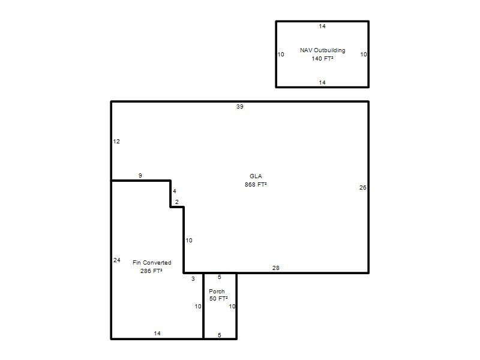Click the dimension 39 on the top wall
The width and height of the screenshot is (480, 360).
pos(239,107)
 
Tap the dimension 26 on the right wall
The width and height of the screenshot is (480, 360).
pos(363,188)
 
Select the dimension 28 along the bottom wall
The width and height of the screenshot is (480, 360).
pos(276,268)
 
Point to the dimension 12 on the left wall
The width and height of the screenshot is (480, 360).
pos(116,142)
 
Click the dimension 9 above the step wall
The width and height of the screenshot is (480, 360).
pos(140,176)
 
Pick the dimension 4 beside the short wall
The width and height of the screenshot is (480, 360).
pos(175,191)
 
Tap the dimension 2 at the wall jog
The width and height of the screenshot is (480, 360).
pos(177,202)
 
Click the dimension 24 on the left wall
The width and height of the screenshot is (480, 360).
pos(117,260)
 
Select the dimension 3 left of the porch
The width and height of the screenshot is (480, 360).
pos(193,279)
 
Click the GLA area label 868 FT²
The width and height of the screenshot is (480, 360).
pos(256,185)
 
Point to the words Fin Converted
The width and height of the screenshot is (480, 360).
pos(152,263)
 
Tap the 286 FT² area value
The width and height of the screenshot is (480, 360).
pos(151,271)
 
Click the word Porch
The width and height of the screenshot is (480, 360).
pos(217,292)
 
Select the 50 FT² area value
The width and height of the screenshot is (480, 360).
pos(218,298)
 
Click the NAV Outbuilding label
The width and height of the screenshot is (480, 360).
pos(323,50)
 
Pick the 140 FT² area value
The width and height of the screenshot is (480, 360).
pos(323,58)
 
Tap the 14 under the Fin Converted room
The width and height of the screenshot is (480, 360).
pos(157,334)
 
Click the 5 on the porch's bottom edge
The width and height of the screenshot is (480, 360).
pos(220,335)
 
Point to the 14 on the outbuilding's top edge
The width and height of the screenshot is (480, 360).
pos(322,26)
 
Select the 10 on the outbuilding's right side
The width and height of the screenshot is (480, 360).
pos(364,55)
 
